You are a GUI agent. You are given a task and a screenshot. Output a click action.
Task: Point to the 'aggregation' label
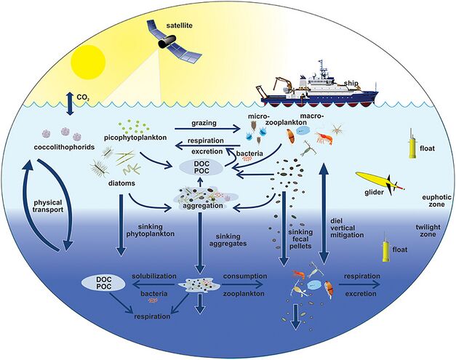(202, 208)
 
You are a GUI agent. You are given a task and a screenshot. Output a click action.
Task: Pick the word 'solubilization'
(156, 277)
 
